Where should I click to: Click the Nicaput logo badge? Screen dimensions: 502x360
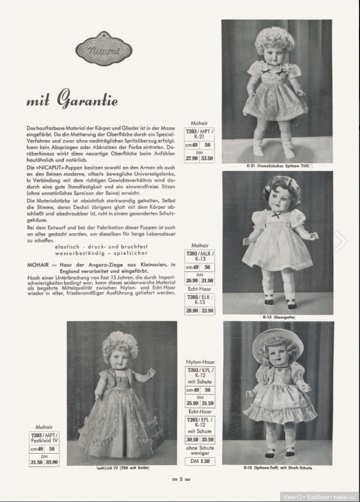click(x=97, y=52)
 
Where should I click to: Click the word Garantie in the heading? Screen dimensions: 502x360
click(x=88, y=100)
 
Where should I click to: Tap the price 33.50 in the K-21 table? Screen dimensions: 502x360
click(x=206, y=158)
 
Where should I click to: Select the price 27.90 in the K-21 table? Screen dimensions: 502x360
click(x=192, y=158)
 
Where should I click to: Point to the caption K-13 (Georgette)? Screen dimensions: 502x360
click(x=279, y=317)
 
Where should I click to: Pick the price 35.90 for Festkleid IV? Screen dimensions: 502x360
click(x=52, y=462)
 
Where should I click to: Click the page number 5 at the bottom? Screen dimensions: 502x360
click(x=181, y=480)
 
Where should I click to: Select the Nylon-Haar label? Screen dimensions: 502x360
click(x=200, y=361)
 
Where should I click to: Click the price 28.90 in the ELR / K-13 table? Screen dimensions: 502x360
click(x=192, y=310)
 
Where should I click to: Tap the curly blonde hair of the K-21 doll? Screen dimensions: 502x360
click(x=274, y=39)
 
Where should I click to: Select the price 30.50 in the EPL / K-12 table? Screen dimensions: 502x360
click(x=192, y=440)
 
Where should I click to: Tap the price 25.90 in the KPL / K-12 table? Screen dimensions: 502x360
click(x=192, y=403)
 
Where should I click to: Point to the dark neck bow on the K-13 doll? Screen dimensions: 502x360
click(x=275, y=214)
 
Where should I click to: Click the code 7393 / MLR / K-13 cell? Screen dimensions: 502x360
click(x=200, y=256)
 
